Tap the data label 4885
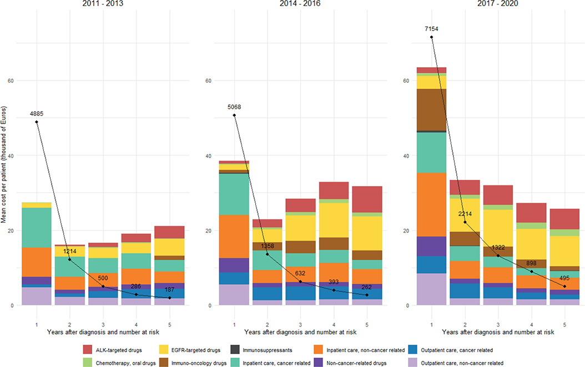37,114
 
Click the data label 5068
234,107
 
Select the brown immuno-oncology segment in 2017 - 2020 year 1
431,109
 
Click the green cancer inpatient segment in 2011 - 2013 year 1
37,227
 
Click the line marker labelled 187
170,298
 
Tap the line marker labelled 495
564,286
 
